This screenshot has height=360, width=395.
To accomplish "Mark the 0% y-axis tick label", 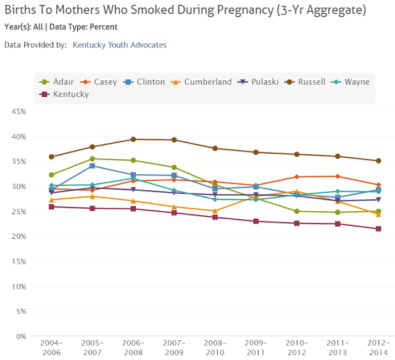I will (x=19, y=337).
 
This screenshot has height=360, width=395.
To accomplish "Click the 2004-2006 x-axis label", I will (x=51, y=347).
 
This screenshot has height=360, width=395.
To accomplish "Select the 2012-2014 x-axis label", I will (x=378, y=347).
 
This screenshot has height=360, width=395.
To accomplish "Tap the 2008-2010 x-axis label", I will (x=215, y=347).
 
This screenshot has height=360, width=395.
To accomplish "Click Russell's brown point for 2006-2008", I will (x=133, y=140).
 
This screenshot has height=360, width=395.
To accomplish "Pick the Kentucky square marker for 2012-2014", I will (x=378, y=228).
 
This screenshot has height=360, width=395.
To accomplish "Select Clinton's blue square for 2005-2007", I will (x=93, y=165).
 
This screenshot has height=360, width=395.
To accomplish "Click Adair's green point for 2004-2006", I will (x=51, y=175).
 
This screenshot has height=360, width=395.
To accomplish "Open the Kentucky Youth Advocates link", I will (x=119, y=45).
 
